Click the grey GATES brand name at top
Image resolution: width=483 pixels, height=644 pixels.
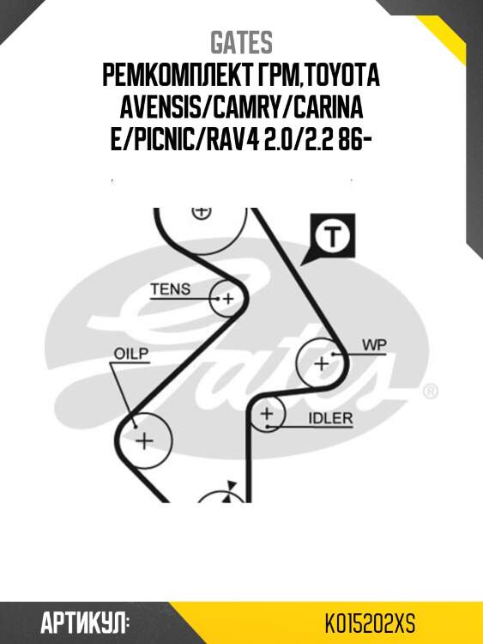tap(241, 42)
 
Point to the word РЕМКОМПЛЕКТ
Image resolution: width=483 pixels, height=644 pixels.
tap(174, 76)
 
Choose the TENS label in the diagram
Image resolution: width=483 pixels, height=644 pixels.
tap(171, 289)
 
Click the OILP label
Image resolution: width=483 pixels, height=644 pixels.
tap(131, 354)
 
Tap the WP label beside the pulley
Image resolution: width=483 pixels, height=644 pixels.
tap(374, 345)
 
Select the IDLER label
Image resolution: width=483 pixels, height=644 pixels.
tap(330, 418)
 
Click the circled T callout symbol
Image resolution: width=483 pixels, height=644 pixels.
tap(332, 236)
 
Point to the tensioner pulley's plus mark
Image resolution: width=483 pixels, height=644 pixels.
tap(228, 299)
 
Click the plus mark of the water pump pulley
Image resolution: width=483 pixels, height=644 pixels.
tap(322, 363)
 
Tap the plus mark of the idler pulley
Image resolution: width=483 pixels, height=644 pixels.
tap(267, 413)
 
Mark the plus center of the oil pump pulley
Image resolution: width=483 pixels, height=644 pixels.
tap(144, 440)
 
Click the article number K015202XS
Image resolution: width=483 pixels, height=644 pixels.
tap(370, 624)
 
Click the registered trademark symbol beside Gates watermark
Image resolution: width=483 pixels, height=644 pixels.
tap(430, 392)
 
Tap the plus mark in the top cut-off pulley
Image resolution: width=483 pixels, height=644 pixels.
tap(201, 212)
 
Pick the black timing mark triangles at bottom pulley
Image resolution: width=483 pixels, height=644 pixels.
tap(228, 491)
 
